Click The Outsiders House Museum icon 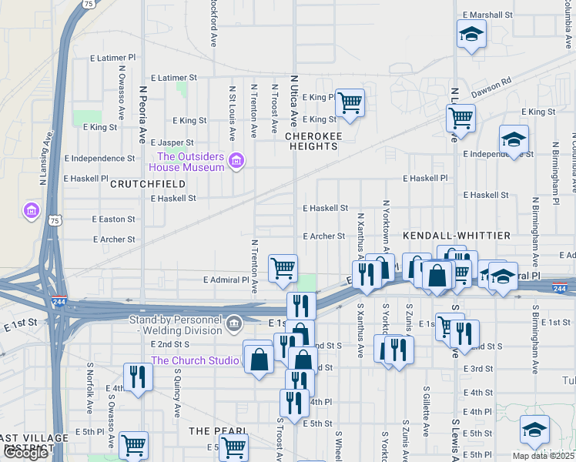[x=236, y=162]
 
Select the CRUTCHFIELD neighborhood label [x=147, y=184]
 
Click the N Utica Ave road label [x=293, y=101]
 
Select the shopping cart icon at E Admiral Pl [x=283, y=268]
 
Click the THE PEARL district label [x=218, y=430]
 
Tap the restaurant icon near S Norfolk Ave [x=138, y=377]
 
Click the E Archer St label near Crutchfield [x=114, y=239]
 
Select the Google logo [x=25, y=453]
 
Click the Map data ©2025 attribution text [x=543, y=455]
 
